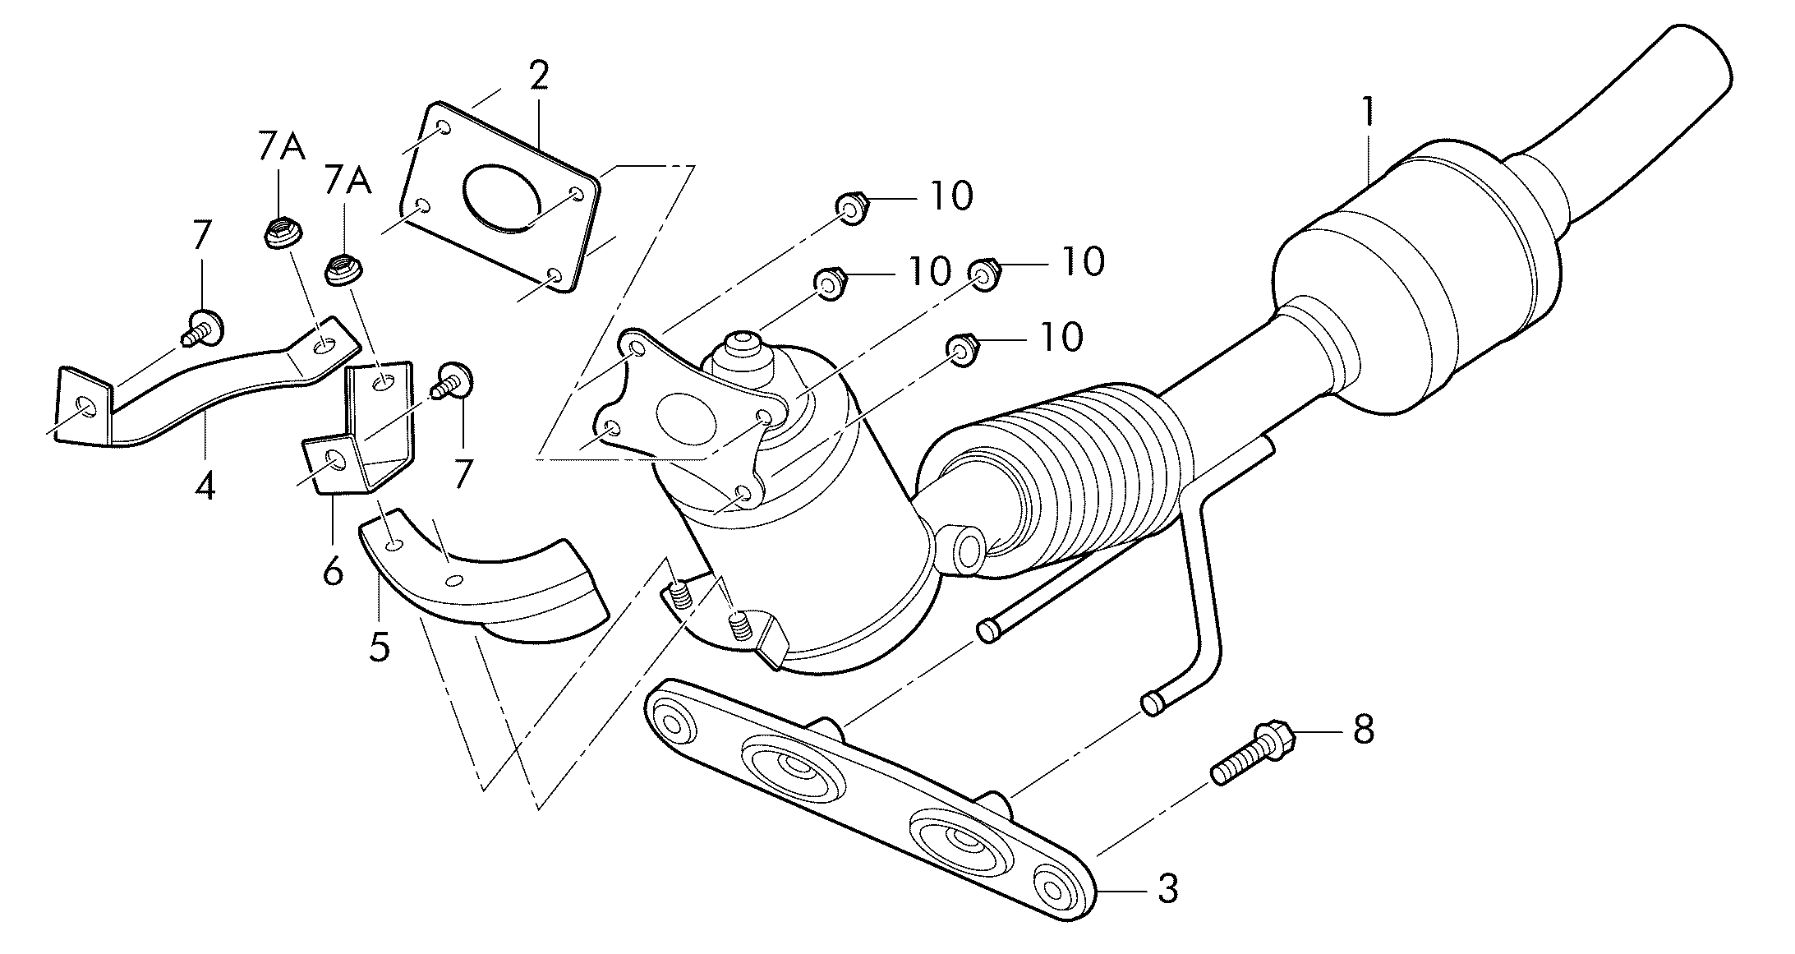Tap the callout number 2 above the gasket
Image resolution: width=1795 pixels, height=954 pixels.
[x=538, y=76]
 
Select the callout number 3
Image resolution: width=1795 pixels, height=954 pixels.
[x=1167, y=889]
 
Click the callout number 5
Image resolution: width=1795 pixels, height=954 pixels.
[x=379, y=648]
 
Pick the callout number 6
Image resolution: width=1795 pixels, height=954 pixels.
[x=332, y=569]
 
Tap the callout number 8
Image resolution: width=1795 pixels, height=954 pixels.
[x=1363, y=729]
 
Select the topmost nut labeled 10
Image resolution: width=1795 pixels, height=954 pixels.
[x=852, y=209]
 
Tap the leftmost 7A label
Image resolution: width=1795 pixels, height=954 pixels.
[x=280, y=147]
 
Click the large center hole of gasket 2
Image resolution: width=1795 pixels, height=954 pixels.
[x=502, y=196]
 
